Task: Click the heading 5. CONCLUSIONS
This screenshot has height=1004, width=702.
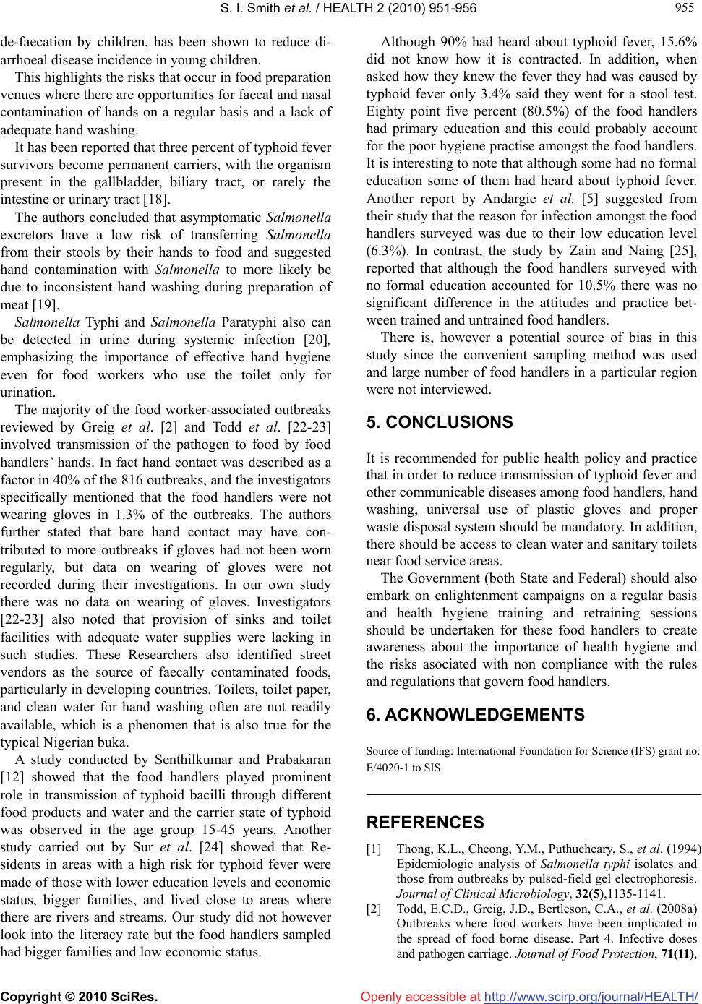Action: coord(440,422)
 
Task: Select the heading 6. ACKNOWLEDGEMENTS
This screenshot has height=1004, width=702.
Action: coord(476,715)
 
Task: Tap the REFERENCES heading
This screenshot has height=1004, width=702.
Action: coord(425,823)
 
